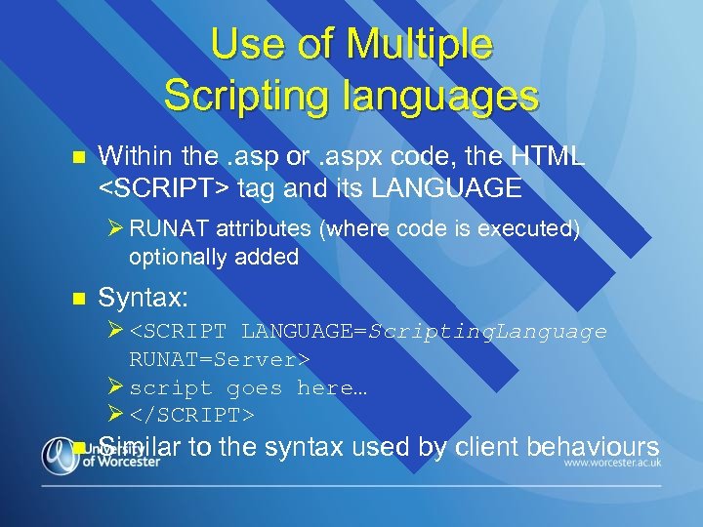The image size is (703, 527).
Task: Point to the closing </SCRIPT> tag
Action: click(192, 416)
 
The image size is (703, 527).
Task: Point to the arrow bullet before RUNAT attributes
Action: click(116, 229)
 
